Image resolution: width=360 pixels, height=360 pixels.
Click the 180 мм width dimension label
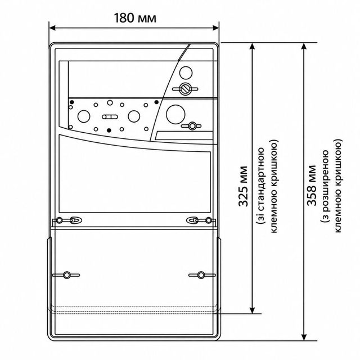pyautogui.click(x=135, y=18)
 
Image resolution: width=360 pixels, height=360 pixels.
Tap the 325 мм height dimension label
pyautogui.click(x=243, y=186)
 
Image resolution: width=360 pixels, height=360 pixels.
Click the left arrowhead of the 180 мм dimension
pyautogui.click(x=52, y=28)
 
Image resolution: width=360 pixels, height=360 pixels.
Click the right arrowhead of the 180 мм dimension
pyautogui.click(x=215, y=28)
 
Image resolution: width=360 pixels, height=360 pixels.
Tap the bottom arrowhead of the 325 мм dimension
pyautogui.click(x=252, y=310)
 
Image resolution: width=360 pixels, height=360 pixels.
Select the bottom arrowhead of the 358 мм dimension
pyautogui.click(x=304, y=337)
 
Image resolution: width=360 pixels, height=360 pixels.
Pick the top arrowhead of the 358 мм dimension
pyautogui.click(x=304, y=46)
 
